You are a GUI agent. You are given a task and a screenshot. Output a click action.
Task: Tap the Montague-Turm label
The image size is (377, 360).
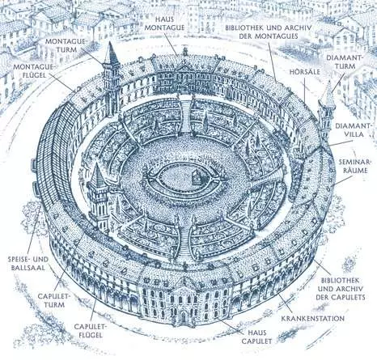(65, 45)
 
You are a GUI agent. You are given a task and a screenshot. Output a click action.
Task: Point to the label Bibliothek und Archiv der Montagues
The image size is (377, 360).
(269, 32)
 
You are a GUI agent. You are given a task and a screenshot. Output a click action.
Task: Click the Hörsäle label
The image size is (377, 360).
(305, 72)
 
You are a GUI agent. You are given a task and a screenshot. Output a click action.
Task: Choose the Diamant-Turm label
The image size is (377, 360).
(341, 61)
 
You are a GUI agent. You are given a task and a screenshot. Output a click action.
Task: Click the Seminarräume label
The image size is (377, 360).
(354, 166)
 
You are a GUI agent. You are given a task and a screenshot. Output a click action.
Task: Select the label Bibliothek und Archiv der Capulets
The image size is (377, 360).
(341, 289)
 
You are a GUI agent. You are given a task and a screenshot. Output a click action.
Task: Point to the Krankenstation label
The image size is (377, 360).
(313, 318)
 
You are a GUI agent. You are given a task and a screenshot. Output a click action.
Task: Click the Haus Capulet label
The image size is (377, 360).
(256, 337)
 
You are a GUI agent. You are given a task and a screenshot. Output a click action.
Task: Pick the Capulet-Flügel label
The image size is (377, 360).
(88, 331)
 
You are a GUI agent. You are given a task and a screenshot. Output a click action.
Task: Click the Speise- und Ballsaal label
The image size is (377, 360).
(28, 264)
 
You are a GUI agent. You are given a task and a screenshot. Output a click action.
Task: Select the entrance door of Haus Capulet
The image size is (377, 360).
(184, 316)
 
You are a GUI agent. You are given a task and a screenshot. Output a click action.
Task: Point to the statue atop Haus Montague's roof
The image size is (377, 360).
(185, 51)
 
